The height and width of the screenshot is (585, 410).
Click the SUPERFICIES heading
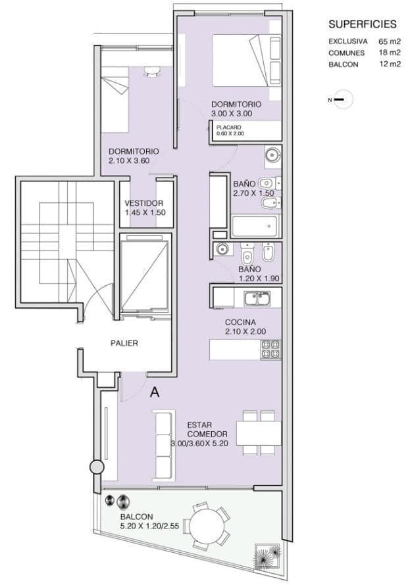click(x=362, y=24)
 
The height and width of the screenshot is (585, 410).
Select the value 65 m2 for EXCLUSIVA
click(x=390, y=41)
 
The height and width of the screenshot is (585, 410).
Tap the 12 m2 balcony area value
click(x=390, y=64)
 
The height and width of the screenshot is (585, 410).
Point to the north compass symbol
click(x=342, y=100)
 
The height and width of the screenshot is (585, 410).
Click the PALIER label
click(x=124, y=343)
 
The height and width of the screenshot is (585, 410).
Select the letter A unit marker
click(x=155, y=392)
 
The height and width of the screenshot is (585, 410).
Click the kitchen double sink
click(x=258, y=299)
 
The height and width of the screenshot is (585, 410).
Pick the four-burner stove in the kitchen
click(x=270, y=350)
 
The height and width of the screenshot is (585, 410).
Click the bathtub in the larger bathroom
click(x=255, y=227)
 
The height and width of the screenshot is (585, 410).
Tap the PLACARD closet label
click(x=228, y=128)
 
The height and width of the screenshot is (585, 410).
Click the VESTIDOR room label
click(x=143, y=203)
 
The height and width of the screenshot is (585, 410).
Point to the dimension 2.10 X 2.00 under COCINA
click(x=245, y=332)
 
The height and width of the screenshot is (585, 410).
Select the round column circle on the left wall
click(x=97, y=467)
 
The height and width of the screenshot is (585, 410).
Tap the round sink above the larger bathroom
click(x=272, y=154)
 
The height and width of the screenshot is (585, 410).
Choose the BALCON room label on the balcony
click(x=137, y=517)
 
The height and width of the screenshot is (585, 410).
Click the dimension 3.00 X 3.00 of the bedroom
click(x=232, y=114)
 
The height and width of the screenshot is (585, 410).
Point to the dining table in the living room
click(x=259, y=433)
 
